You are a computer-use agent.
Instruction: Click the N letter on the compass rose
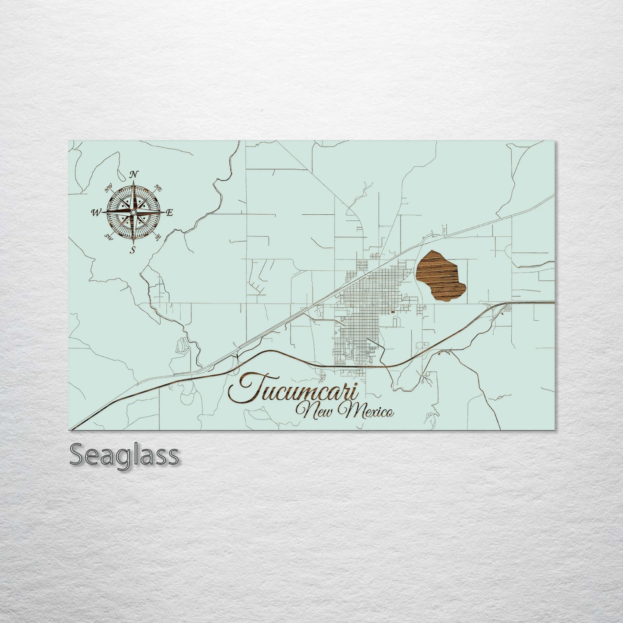tap(134, 174)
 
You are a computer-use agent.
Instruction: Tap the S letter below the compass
tap(133, 250)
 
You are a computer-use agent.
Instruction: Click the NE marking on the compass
tap(158, 188)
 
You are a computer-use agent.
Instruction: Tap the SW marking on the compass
tap(109, 237)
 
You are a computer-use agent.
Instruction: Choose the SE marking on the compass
tap(158, 237)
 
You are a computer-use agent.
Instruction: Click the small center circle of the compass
tap(134, 213)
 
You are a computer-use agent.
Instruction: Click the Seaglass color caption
tap(124, 455)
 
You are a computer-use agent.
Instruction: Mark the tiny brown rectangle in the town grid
tap(392, 311)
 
